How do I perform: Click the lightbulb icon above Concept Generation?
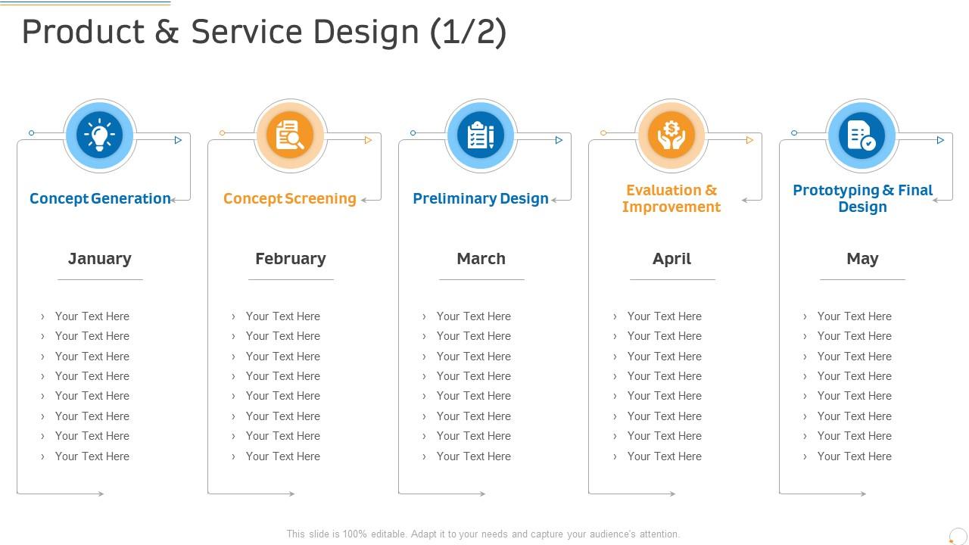coord(100,136)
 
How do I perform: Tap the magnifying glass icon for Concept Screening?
coord(291,136)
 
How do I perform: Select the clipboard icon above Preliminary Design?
coord(481,136)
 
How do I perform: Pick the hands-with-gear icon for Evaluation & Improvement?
coord(671,136)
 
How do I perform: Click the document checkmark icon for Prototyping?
coord(862,136)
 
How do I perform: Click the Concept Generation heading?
coord(100,198)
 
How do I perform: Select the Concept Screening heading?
coord(290,198)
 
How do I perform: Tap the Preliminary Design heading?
coord(481,198)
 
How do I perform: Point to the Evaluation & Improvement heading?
coord(671,198)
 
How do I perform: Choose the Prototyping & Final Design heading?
coord(862,198)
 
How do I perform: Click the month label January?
coord(100,259)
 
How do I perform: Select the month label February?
coord(291,259)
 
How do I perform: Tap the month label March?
coord(481,259)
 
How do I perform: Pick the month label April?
coord(671,259)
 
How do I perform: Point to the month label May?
coord(862,259)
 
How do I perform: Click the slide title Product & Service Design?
coord(264,33)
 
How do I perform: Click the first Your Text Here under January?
coord(92,316)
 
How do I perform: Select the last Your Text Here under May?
coord(855,456)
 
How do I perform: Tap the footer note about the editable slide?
coord(483,534)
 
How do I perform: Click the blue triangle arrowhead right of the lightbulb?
coord(179,140)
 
